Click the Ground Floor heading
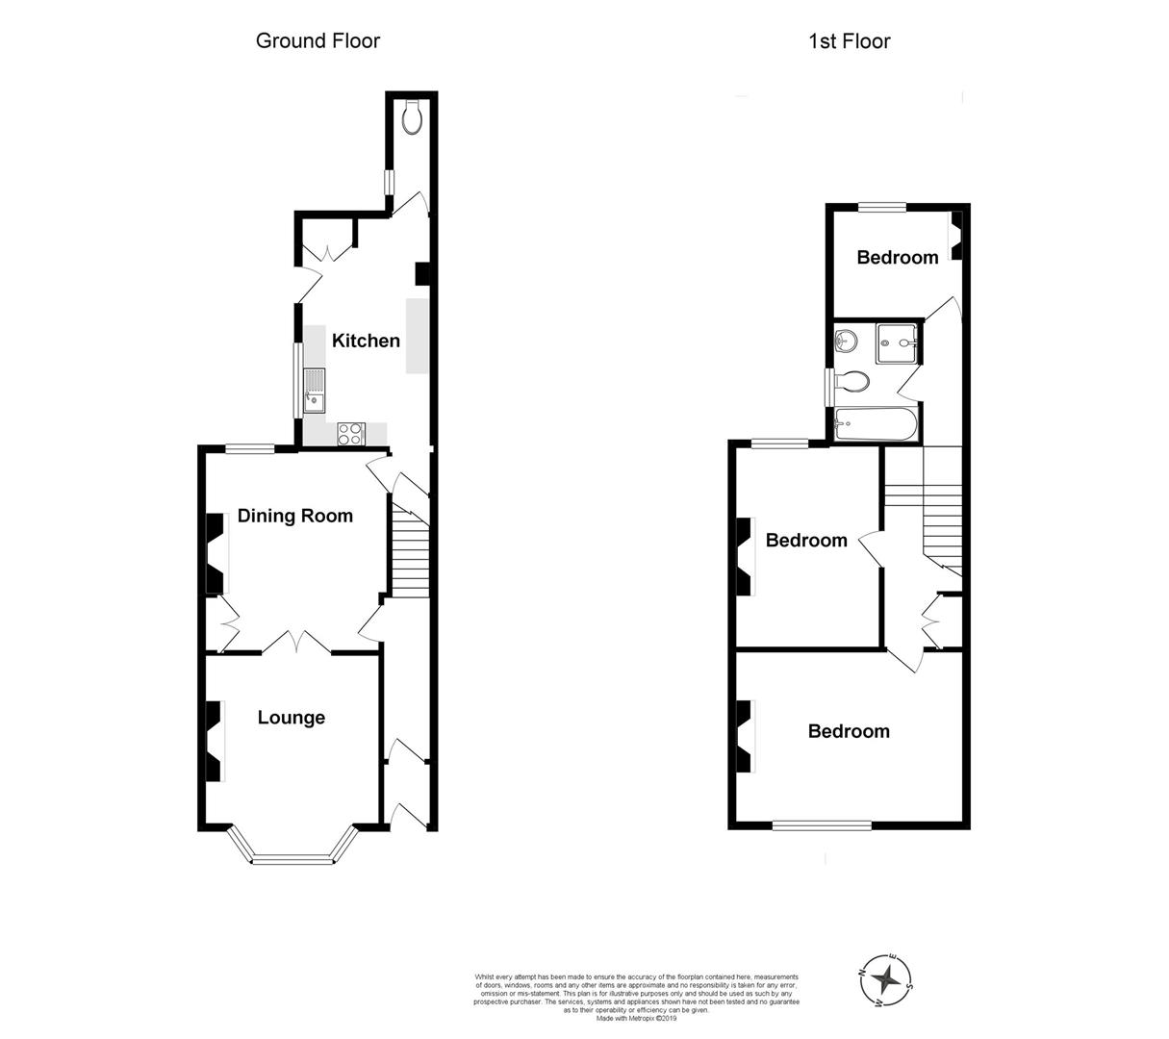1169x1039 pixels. pos(318,40)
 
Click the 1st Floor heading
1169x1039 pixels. pos(849,40)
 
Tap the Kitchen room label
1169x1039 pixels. pos(366,341)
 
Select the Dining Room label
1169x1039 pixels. pos(295,516)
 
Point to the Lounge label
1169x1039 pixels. pos(292,718)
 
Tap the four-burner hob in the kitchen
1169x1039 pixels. pos(349,434)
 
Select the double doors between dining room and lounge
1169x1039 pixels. pos(295,643)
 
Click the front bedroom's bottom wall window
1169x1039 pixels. pos(823,824)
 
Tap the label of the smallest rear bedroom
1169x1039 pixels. pos(897,258)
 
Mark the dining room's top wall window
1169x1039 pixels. pos(249,447)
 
